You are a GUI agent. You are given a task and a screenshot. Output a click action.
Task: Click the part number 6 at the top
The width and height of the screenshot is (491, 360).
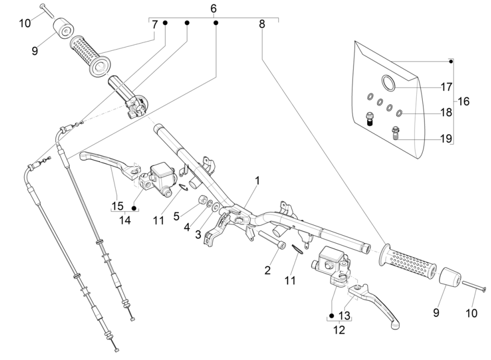[213, 8]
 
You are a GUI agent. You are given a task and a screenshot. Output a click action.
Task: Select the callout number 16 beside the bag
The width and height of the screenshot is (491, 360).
[463, 101]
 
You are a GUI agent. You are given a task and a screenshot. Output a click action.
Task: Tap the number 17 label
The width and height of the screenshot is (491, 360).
[446, 86]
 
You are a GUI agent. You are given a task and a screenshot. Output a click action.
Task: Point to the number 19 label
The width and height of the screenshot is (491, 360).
[446, 139]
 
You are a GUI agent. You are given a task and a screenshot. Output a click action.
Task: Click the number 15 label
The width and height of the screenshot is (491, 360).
[117, 206]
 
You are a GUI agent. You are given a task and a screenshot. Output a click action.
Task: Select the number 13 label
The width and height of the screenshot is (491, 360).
[344, 316]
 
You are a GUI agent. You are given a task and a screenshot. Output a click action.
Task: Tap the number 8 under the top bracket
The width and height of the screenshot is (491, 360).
[262, 25]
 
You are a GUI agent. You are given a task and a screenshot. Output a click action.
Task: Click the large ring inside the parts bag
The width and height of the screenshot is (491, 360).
[388, 83]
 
